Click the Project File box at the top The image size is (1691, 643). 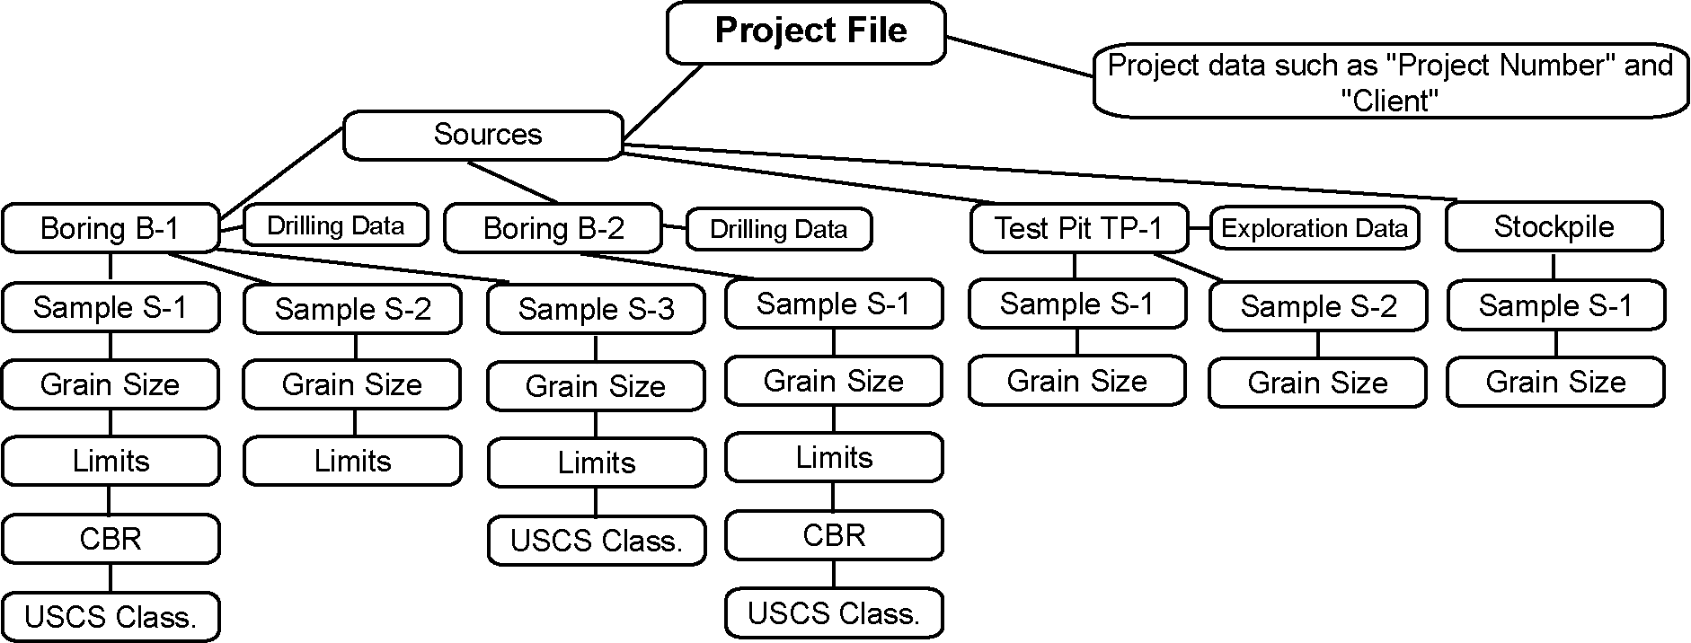[806, 32]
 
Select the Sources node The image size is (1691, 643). [483, 135]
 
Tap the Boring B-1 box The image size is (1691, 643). [111, 228]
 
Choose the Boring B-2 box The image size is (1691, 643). [553, 228]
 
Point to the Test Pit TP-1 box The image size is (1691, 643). [1078, 227]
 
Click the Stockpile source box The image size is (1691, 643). [1554, 226]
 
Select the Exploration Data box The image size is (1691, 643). [1314, 228]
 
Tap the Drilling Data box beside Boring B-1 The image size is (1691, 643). [335, 225]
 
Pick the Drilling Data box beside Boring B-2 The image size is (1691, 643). [778, 229]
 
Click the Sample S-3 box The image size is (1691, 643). [596, 309]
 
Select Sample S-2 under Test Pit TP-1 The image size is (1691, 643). [1318, 307]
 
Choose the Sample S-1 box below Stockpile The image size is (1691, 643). [1555, 306]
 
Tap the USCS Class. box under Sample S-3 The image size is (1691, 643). [597, 541]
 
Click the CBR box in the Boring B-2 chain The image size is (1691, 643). [834, 535]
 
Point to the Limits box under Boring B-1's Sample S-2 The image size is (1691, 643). [352, 462]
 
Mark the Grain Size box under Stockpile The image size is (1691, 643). [1555, 383]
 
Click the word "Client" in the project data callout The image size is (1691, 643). [1390, 101]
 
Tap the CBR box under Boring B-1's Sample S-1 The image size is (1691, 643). [111, 539]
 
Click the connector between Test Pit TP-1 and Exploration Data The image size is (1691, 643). [1199, 228]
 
